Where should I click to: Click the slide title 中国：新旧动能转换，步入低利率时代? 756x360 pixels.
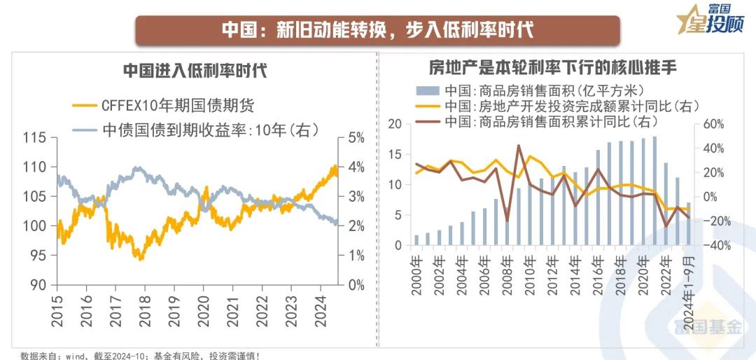tap(377, 30)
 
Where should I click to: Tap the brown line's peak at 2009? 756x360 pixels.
tap(519, 146)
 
